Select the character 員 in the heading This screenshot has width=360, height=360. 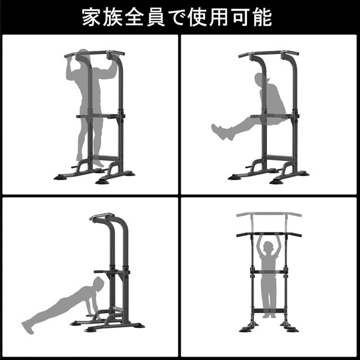point(171,17)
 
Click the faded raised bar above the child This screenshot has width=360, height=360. point(269,215)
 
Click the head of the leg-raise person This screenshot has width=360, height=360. point(259,81)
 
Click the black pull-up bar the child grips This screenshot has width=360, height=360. point(269,234)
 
